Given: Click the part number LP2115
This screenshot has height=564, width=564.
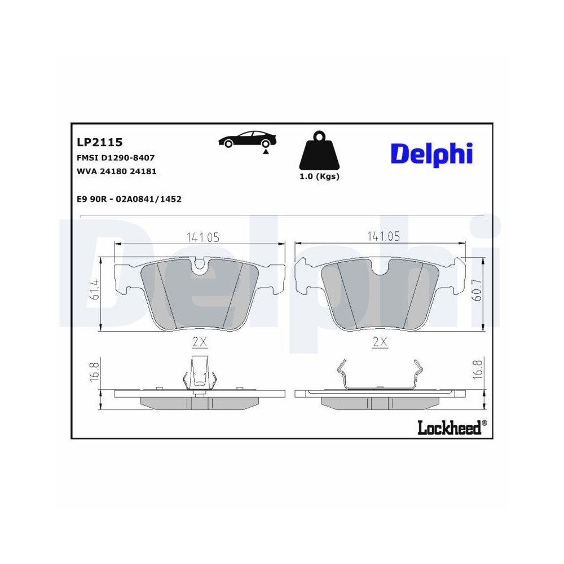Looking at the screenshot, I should (x=99, y=142).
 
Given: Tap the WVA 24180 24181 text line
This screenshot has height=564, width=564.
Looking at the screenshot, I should (x=116, y=171).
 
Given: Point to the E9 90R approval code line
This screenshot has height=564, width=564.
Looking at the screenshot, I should (x=129, y=199).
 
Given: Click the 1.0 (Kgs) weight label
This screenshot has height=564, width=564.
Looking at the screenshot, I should (x=319, y=176).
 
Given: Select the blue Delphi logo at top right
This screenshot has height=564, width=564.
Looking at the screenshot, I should (x=431, y=153).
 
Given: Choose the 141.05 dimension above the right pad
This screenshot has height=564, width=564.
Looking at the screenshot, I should (x=383, y=237).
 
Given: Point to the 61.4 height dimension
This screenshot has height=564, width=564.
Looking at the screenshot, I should (x=95, y=289).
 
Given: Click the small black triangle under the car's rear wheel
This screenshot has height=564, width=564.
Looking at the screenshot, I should (x=265, y=152).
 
